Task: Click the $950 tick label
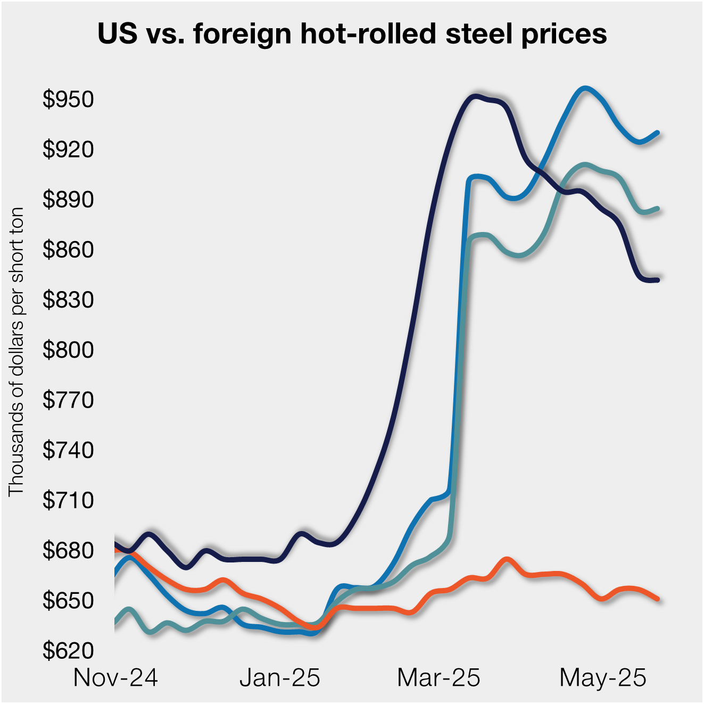(68, 100)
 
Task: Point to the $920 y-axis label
(68, 150)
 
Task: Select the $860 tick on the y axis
(68, 250)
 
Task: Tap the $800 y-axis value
(68, 350)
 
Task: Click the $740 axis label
(68, 450)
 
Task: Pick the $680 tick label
(68, 550)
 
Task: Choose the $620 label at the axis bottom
(68, 650)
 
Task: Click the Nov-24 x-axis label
(115, 678)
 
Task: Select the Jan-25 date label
(280, 678)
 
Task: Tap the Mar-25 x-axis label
(438, 678)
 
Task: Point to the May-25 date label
(603, 678)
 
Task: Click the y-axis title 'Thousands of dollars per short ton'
(16, 351)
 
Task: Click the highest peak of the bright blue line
(585, 88)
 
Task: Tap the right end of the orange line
(658, 599)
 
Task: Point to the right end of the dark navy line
(658, 280)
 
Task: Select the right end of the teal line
(658, 209)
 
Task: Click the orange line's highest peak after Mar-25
(507, 559)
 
